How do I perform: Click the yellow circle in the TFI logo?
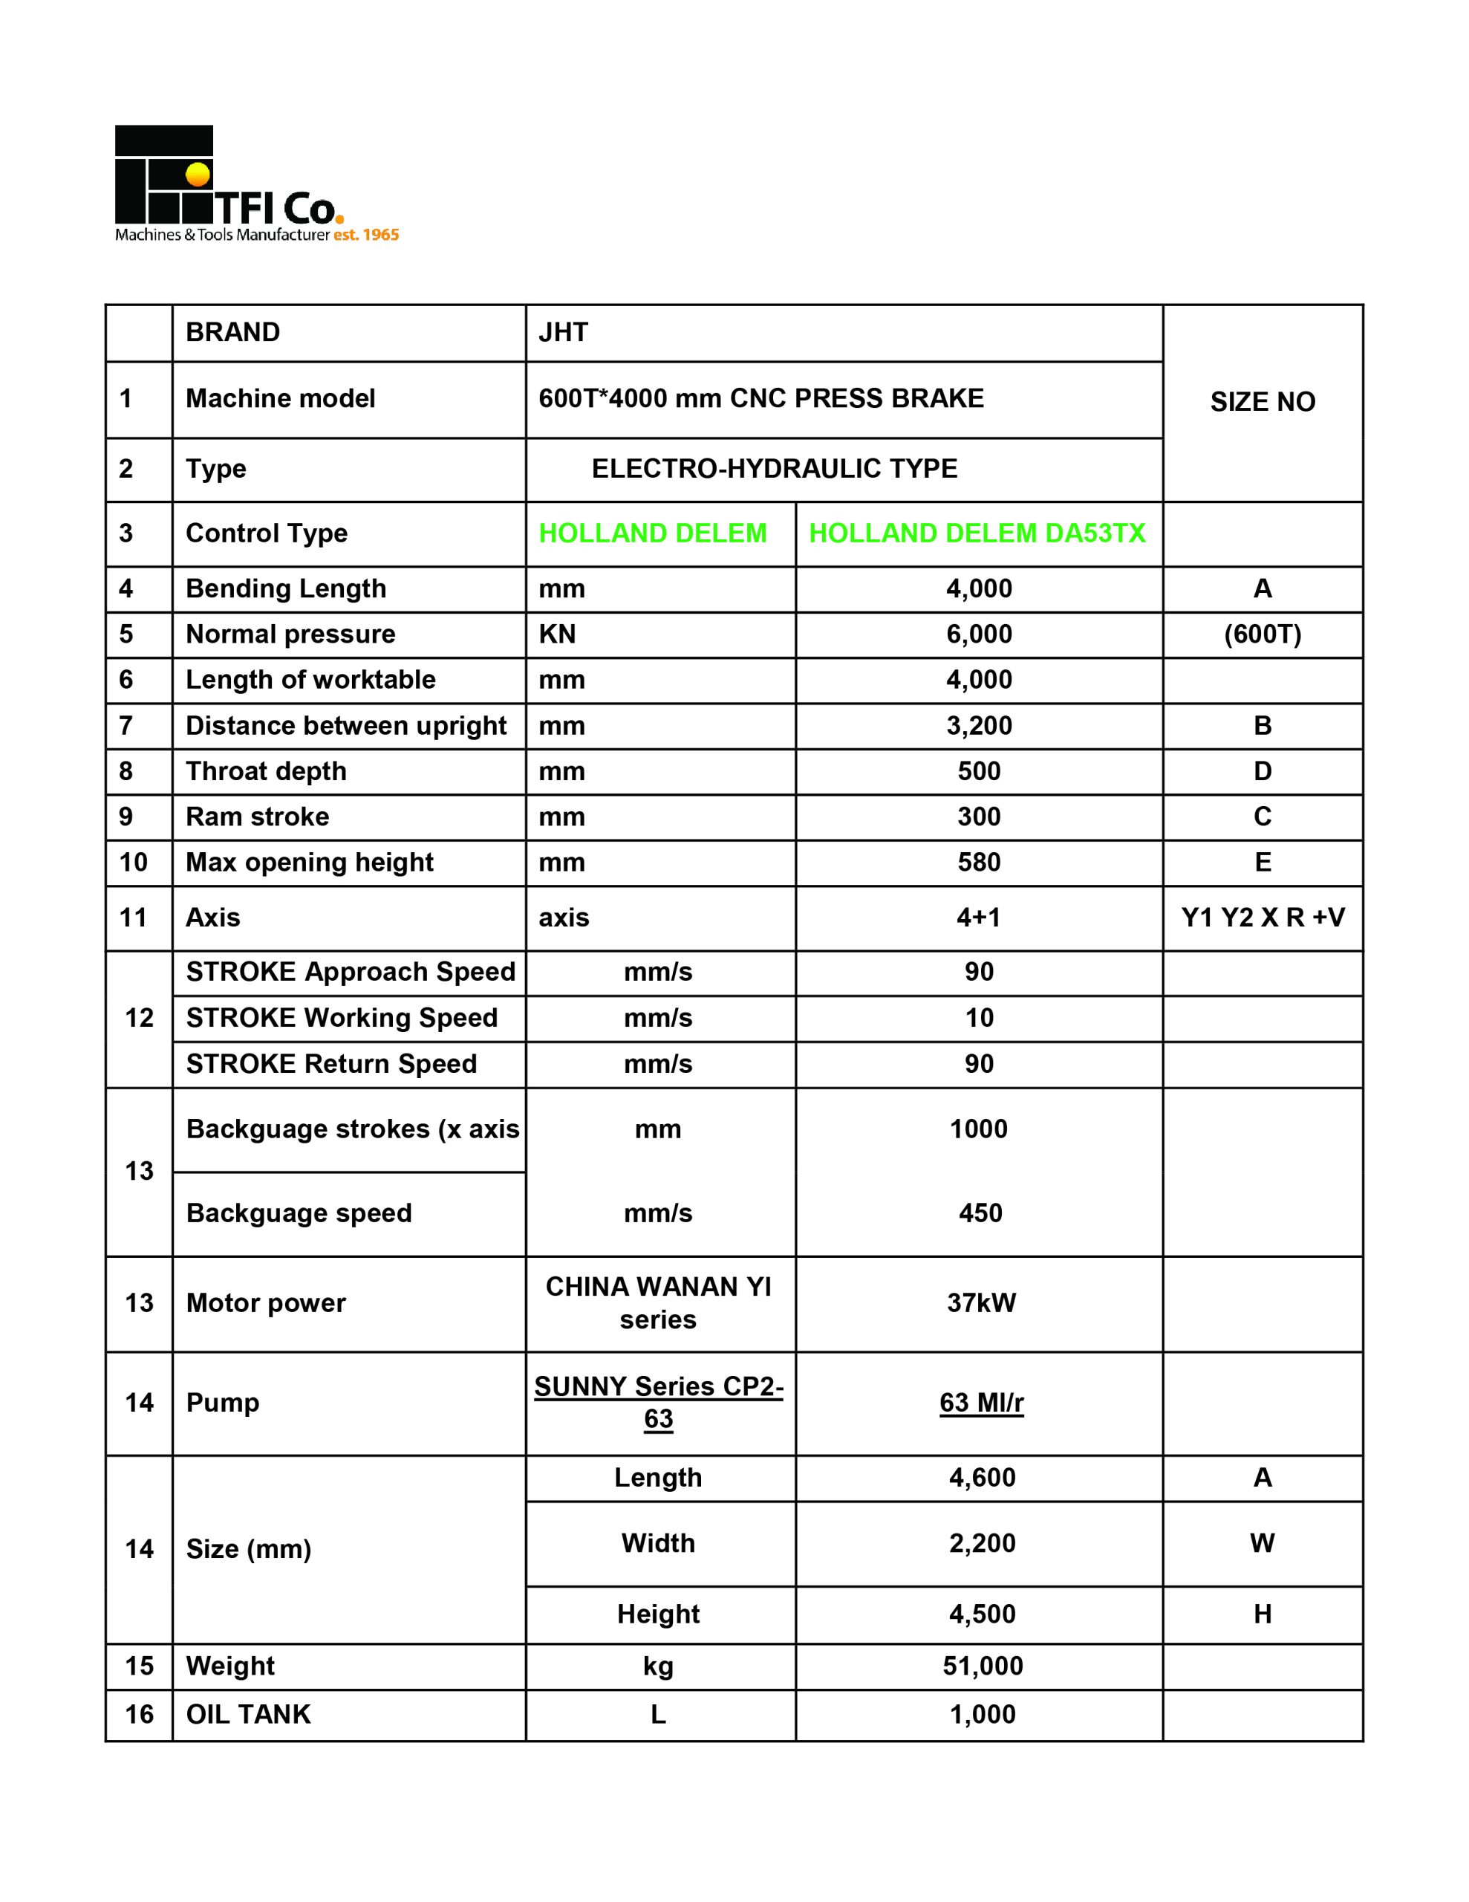[198, 174]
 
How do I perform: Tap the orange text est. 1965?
[365, 235]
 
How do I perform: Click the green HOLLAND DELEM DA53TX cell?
[977, 533]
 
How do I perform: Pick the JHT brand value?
[564, 332]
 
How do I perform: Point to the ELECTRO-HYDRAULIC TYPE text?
[774, 469]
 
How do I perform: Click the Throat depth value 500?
[979, 770]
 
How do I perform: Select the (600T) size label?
[1262, 634]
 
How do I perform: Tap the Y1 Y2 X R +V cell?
[1262, 917]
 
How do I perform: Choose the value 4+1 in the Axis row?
[979, 917]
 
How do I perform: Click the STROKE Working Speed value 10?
[979, 1017]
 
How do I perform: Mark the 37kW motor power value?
[981, 1303]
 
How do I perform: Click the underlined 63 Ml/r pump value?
[981, 1402]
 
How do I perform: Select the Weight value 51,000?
[983, 1666]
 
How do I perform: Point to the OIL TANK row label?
[248, 1714]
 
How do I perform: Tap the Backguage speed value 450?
[980, 1213]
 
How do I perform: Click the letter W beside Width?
[1262, 1543]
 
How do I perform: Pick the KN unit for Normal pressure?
[557, 634]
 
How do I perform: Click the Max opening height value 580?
[979, 862]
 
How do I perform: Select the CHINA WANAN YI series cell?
[658, 1303]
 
